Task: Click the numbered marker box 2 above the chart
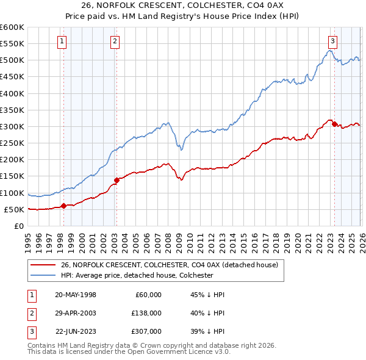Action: coord(115,41)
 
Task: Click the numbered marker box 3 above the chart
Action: coord(332,41)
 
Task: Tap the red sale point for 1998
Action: coord(63,206)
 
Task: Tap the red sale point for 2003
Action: coord(117,180)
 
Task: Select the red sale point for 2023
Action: coord(334,124)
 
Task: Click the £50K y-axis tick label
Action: coord(13,209)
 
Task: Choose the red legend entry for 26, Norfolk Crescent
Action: coord(169,265)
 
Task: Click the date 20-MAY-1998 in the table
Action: coord(75,295)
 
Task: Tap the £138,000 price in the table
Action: coord(146,313)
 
